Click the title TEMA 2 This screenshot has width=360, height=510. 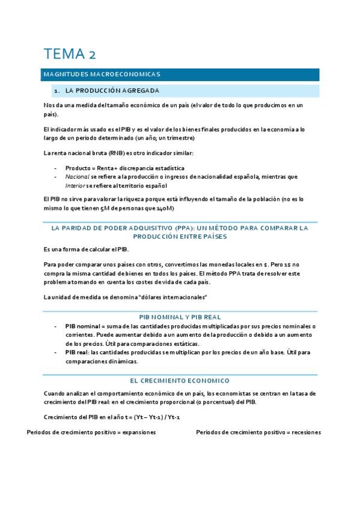[69, 54]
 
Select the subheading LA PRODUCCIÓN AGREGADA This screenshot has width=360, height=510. [112, 91]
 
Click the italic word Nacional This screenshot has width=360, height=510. [76, 177]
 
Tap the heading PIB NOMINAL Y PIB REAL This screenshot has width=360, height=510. [180, 317]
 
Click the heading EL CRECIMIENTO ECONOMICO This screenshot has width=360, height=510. [180, 381]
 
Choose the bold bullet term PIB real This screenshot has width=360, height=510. [78, 352]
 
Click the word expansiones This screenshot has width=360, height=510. [139, 432]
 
